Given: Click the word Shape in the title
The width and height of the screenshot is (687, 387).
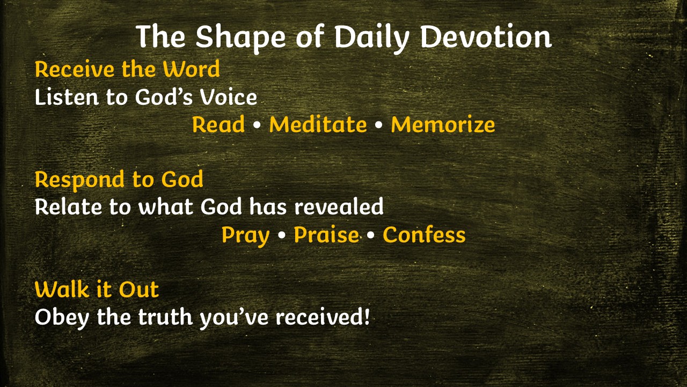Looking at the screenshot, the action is pos(241,38).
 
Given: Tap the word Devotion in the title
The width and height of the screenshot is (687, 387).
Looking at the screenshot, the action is pos(486,36).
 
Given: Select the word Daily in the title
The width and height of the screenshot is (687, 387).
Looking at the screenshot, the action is pos(371,38).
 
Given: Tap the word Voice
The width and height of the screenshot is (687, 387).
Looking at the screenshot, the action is pos(229,97).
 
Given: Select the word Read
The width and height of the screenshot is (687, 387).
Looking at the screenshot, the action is pos(218,124).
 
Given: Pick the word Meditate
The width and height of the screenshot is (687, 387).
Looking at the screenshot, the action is pos(318,124).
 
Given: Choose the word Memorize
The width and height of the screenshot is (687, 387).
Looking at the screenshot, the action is pos(443,124).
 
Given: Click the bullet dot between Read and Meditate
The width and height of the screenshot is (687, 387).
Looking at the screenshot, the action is pos(257,125).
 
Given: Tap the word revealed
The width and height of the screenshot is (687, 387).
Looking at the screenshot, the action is pos(339,206).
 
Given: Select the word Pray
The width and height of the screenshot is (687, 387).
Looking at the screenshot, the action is pos(245,236).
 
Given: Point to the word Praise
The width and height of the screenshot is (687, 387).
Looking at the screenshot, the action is pos(326,235).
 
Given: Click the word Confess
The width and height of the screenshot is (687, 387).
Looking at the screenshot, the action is pos(424,235).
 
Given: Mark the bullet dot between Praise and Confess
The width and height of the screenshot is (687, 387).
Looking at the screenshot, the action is pos(370,235).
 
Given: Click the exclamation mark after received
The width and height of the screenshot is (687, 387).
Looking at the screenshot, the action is pos(366,316).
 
